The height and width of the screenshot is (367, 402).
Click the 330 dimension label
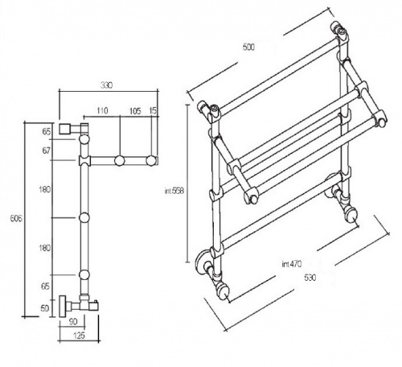[106, 85]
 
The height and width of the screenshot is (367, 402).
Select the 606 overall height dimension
[16, 218]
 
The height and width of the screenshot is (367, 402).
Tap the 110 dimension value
[102, 110]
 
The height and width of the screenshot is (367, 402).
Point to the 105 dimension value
[135, 111]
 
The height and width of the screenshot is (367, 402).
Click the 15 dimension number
[153, 111]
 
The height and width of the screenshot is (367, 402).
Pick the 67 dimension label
[47, 151]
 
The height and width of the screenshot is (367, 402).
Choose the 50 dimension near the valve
[45, 308]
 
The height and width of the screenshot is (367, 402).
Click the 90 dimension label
[73, 321]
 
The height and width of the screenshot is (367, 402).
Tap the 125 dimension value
[79, 336]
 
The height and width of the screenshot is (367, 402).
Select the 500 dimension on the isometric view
[248, 47]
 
